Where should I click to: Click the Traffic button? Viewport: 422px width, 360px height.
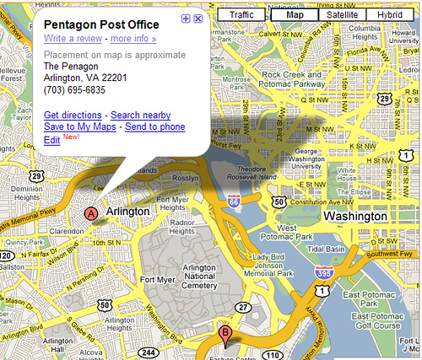(x=241, y=15)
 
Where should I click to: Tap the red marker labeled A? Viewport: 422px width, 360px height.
(x=90, y=214)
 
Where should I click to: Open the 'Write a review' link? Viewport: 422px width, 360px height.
(x=73, y=39)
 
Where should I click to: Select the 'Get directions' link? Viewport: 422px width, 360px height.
(x=73, y=115)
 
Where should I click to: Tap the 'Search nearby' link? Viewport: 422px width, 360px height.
(x=141, y=115)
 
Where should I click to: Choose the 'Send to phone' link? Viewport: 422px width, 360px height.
(x=154, y=126)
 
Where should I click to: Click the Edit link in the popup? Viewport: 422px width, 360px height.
(x=51, y=139)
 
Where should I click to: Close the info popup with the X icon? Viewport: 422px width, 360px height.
(x=197, y=19)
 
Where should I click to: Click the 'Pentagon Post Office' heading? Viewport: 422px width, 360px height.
(x=100, y=24)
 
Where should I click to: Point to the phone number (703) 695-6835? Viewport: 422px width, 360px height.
(x=74, y=89)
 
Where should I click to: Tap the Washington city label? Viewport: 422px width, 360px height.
(x=354, y=216)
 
